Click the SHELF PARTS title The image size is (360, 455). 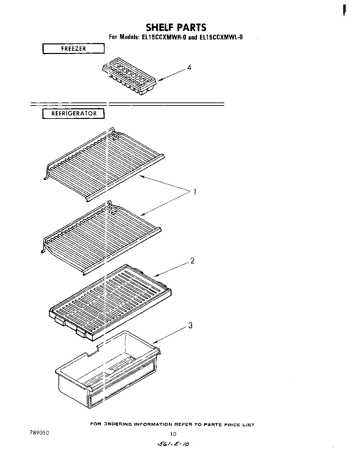click(176, 27)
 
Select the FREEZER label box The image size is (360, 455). click(73, 49)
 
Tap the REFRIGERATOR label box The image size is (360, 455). click(74, 113)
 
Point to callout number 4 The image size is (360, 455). click(189, 67)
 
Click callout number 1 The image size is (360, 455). click(195, 192)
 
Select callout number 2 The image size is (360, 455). click(192, 261)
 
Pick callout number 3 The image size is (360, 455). click(190, 326)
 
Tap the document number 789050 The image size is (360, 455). click(39, 432)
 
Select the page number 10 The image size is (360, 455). click(174, 434)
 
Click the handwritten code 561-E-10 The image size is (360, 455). click(175, 444)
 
